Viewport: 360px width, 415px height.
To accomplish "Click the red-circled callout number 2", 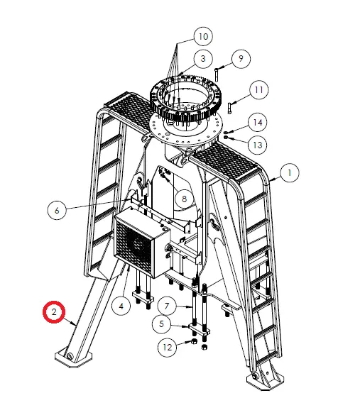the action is point(54,312).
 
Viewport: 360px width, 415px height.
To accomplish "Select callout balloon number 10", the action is point(204,36).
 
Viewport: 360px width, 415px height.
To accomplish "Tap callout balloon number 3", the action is point(203,58).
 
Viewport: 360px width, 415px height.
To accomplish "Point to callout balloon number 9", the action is point(241,58).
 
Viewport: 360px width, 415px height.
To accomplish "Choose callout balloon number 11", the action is point(258,90).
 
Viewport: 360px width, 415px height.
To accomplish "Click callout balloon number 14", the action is point(258,123).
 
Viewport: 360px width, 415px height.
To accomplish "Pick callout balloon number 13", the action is point(258,145).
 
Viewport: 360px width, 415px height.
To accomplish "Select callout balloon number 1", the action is point(290,173).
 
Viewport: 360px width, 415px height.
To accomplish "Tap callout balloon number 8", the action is point(185,199).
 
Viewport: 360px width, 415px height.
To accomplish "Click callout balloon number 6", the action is point(57,211).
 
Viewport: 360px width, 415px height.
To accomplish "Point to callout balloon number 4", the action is point(121,306).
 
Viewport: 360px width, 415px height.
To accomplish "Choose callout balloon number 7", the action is point(167,306).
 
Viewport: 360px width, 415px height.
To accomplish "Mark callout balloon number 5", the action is point(162,323).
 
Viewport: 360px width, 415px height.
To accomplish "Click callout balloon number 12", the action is point(167,347).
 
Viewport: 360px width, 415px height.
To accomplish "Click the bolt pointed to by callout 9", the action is point(217,74).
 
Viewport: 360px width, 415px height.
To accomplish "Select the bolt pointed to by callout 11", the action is point(229,109).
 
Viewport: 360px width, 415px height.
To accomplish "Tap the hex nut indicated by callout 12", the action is point(194,341).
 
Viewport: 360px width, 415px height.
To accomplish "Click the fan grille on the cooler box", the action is point(134,245).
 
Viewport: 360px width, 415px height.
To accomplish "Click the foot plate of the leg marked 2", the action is point(73,358).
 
